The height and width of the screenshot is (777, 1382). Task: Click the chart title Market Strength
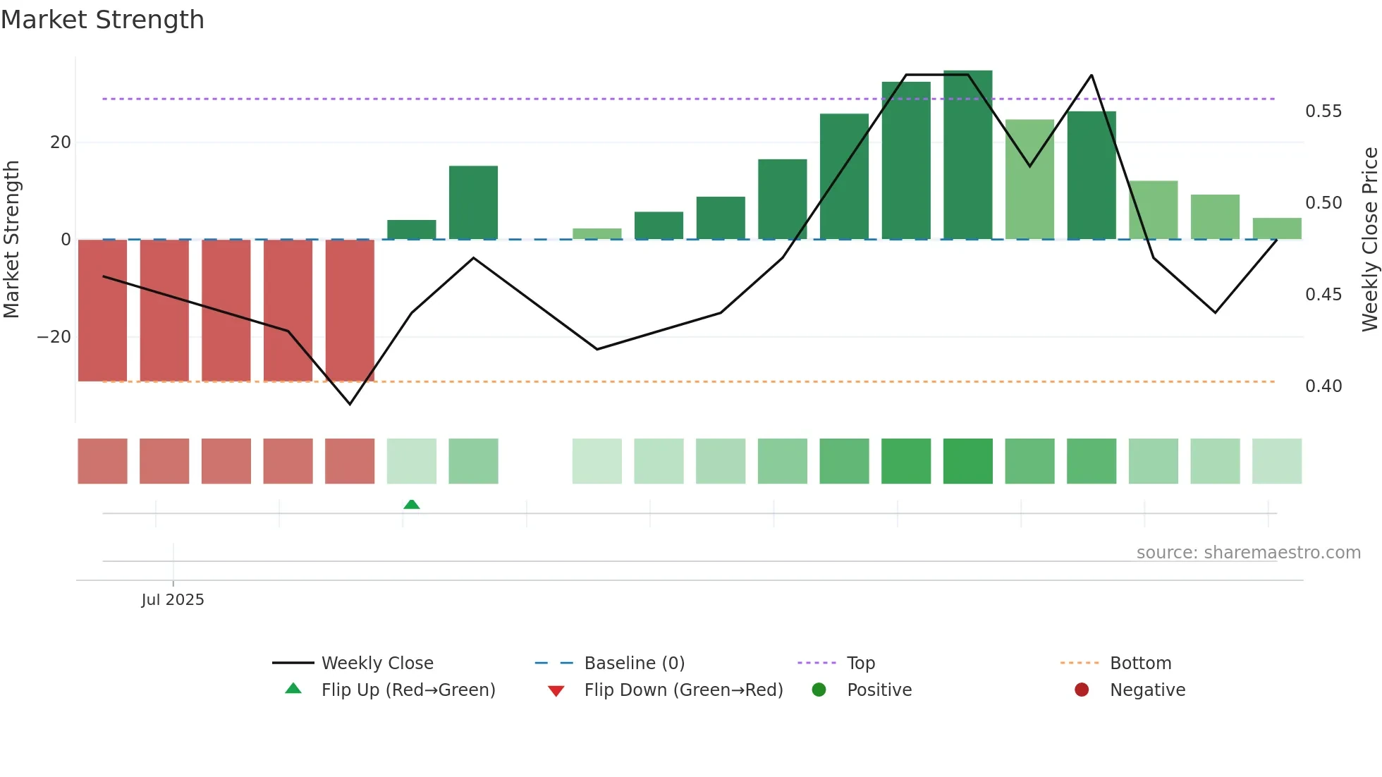(x=102, y=20)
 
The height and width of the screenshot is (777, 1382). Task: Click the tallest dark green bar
(x=967, y=155)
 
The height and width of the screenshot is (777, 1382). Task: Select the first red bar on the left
(x=103, y=310)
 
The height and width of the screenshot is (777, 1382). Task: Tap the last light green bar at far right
(x=1276, y=228)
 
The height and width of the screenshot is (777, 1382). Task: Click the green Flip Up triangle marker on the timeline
(x=412, y=504)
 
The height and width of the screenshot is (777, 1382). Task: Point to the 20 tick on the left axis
(x=61, y=142)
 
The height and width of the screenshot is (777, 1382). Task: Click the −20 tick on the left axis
(x=54, y=337)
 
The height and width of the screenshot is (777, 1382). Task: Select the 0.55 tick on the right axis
(x=1323, y=111)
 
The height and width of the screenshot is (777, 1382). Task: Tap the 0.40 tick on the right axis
(x=1323, y=386)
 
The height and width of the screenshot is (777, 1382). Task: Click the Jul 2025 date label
(x=173, y=600)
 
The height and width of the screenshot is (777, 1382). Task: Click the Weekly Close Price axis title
(x=1369, y=240)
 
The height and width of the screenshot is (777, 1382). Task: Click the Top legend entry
(x=860, y=663)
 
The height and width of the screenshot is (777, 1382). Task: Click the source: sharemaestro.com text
(x=1248, y=553)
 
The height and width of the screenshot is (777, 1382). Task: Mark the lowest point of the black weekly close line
(x=350, y=404)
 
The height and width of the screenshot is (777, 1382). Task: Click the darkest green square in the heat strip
(x=967, y=461)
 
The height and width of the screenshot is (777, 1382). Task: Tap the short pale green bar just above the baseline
(x=597, y=233)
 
